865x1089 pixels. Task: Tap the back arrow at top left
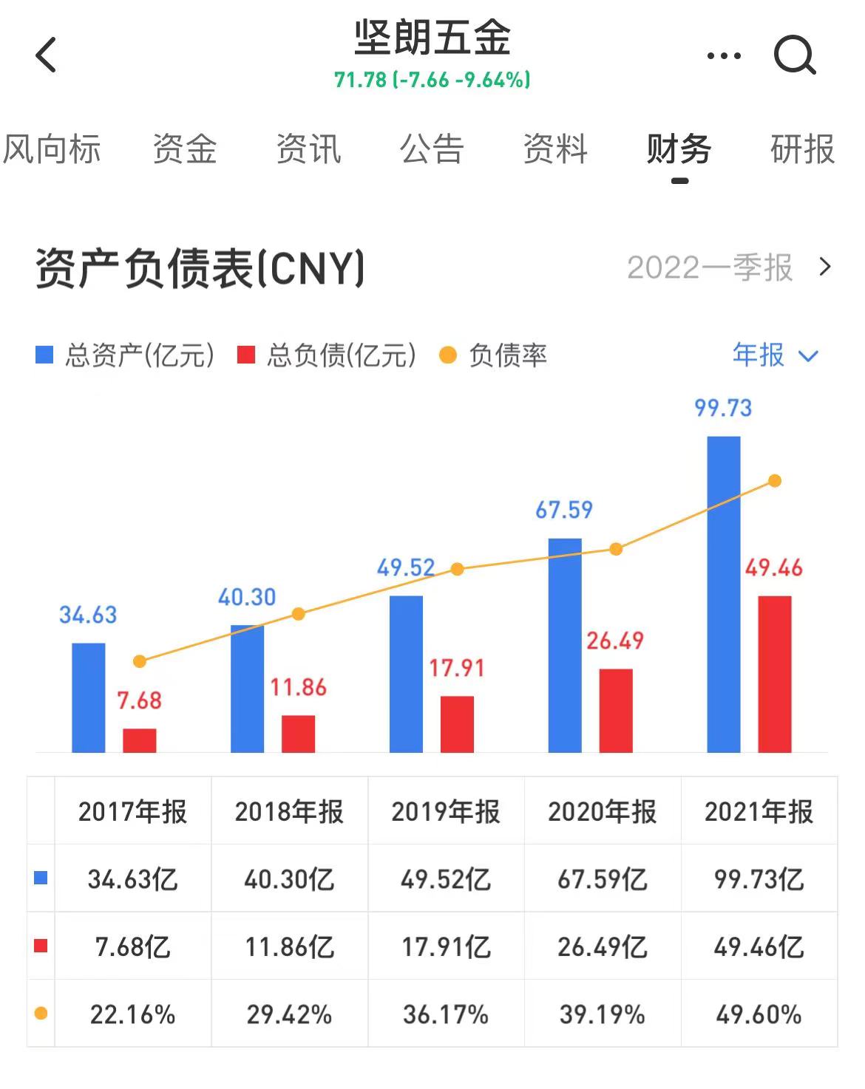[47, 55]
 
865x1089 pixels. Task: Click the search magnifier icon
[795, 55]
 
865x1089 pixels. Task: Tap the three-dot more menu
[724, 55]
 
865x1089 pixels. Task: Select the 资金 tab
[185, 150]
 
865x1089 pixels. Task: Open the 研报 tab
[802, 150]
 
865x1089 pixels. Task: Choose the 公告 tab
[432, 150]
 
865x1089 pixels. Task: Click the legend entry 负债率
[494, 356]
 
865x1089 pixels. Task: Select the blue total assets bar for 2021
[723, 594]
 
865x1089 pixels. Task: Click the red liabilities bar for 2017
[140, 740]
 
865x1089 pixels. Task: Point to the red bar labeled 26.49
[616, 710]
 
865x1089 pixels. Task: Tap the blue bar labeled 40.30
[247, 689]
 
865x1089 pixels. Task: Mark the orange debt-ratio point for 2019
[458, 569]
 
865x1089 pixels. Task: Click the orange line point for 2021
[775, 481]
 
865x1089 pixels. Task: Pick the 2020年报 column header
[602, 811]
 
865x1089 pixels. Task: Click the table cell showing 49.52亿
[446, 879]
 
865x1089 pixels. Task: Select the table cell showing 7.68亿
[133, 947]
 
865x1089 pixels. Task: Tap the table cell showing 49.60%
[759, 1014]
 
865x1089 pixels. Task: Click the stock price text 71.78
[360, 80]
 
